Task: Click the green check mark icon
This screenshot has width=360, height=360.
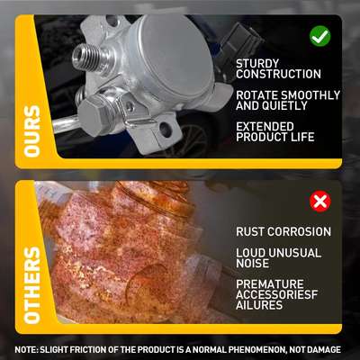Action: coord(319,36)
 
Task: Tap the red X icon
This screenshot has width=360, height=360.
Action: coord(319,200)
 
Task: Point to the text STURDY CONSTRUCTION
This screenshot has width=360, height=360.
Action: coord(276,68)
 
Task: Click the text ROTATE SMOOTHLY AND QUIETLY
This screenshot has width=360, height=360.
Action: coord(287,101)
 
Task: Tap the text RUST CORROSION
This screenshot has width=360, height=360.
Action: coord(283,231)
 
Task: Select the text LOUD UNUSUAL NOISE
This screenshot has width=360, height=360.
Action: coord(277,258)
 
